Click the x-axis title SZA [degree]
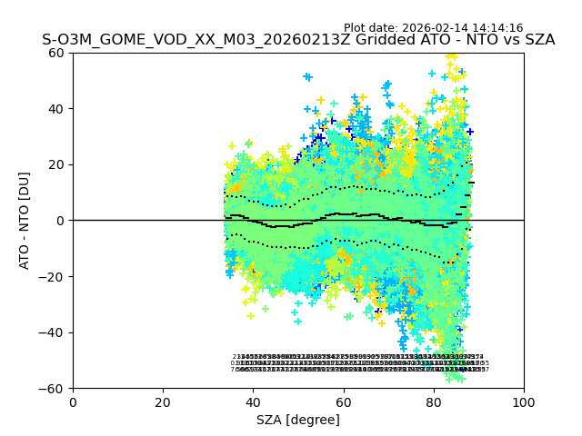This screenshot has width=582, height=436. [298, 420]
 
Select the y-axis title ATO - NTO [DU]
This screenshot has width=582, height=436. [25, 221]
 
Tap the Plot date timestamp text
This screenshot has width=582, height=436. [433, 28]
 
